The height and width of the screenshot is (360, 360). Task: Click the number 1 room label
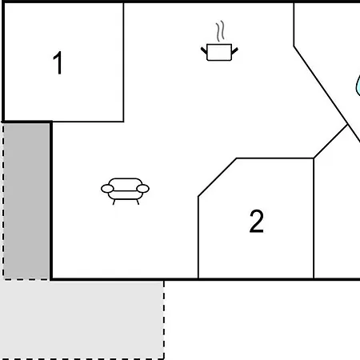pyautogui.click(x=58, y=63)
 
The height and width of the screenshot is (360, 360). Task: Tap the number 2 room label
pyautogui.click(x=257, y=222)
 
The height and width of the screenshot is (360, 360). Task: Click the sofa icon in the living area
pyautogui.click(x=125, y=191)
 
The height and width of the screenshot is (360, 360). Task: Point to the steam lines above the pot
pyautogui.click(x=220, y=31)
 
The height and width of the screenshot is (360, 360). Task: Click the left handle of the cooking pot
pyautogui.click(x=204, y=50)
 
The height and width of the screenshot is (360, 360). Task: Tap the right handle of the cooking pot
pyautogui.click(x=234, y=50)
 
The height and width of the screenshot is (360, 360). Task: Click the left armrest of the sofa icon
pyautogui.click(x=107, y=189)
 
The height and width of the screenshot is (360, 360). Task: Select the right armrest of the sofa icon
pyautogui.click(x=142, y=189)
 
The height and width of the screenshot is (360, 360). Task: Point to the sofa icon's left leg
pyautogui.click(x=114, y=202)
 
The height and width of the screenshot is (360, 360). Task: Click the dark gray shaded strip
pyautogui.click(x=26, y=201)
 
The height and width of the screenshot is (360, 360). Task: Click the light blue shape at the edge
pyautogui.click(x=358, y=86)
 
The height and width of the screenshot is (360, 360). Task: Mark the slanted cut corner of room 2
pyautogui.click(x=217, y=178)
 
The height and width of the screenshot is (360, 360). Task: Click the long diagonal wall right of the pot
pyautogui.click(x=327, y=94)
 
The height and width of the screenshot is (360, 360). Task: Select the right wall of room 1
pyautogui.click(x=123, y=62)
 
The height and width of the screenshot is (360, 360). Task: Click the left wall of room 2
pyautogui.click(x=198, y=238)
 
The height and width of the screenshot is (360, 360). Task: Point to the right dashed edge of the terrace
pyautogui.click(x=164, y=319)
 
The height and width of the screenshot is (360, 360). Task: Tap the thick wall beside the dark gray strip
pyautogui.click(x=51, y=201)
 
